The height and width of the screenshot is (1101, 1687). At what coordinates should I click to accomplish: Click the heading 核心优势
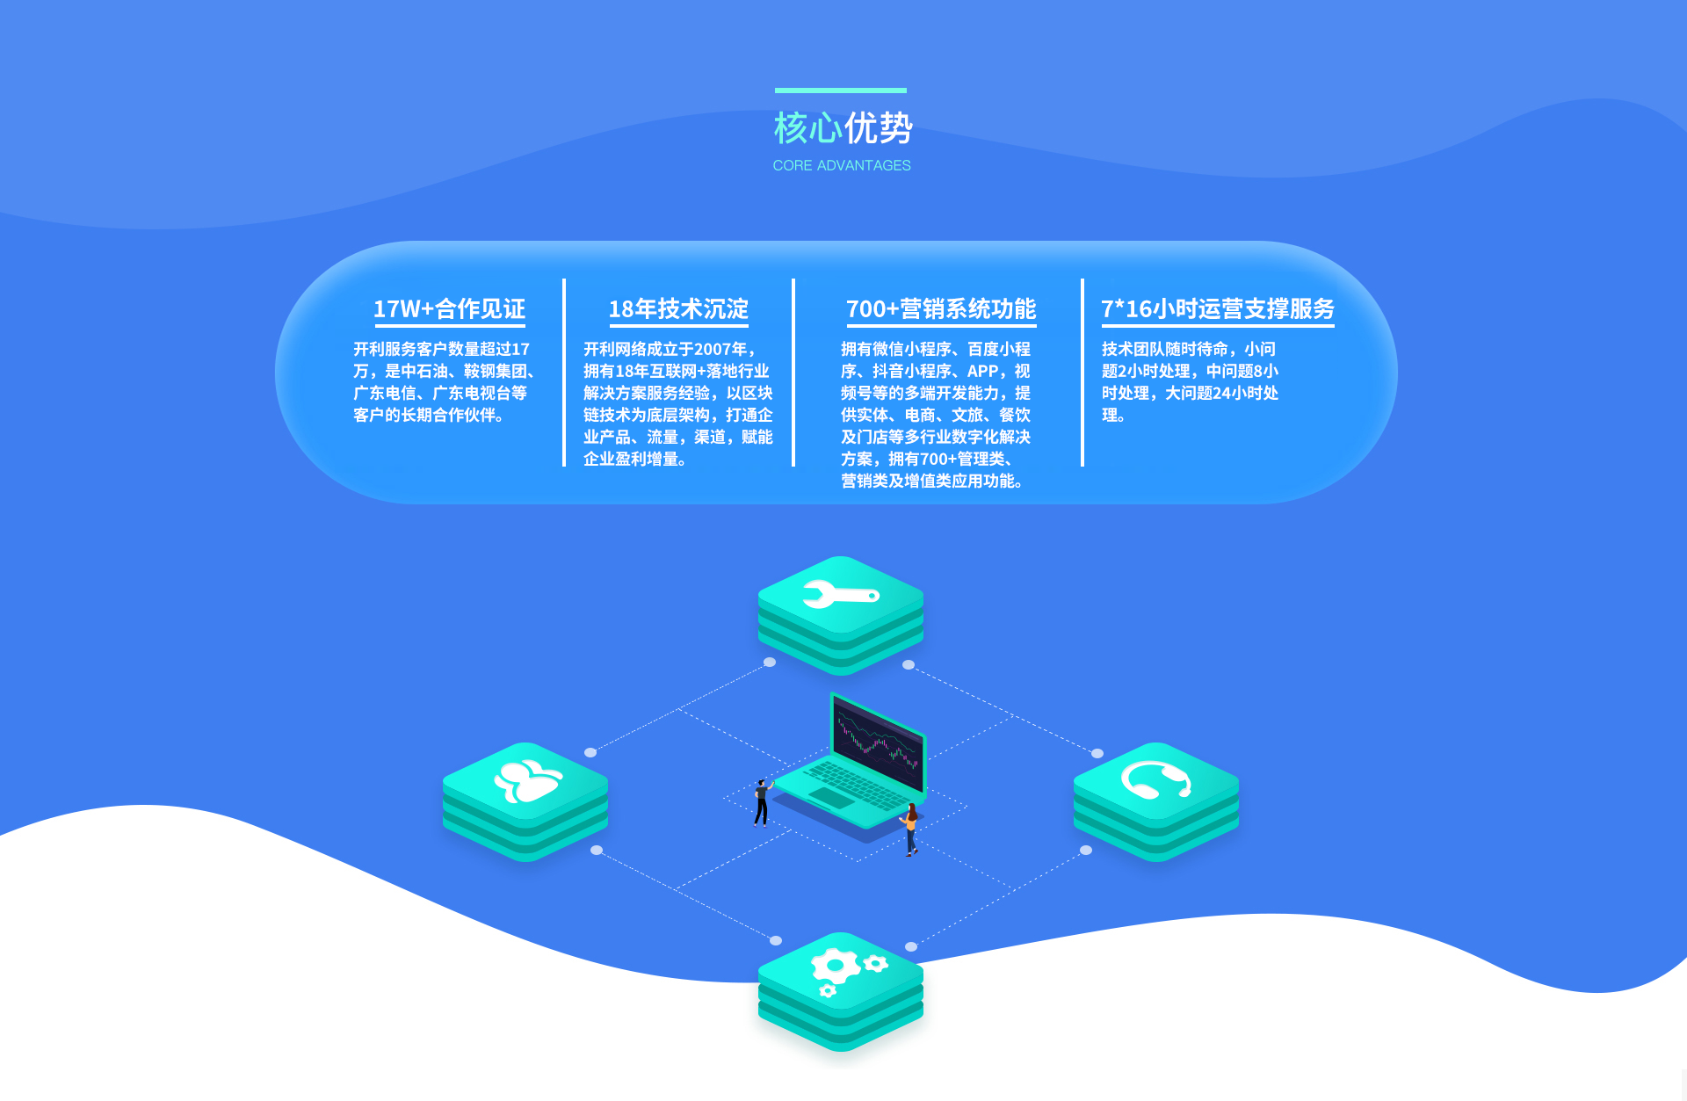(x=843, y=128)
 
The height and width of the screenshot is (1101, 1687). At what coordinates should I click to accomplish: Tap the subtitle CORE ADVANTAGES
(x=842, y=165)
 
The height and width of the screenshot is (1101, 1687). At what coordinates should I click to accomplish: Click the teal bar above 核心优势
(x=840, y=90)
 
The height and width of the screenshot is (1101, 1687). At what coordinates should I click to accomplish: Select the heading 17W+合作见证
(x=449, y=309)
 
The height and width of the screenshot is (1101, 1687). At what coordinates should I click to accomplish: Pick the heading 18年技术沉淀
(x=678, y=309)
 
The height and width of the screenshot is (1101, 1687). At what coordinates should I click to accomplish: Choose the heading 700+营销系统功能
(x=941, y=309)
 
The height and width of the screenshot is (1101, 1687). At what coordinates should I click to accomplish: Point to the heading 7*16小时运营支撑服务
(x=1217, y=309)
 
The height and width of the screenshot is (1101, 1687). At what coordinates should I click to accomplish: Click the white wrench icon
(x=840, y=595)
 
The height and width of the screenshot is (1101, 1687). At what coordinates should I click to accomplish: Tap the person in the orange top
(x=911, y=829)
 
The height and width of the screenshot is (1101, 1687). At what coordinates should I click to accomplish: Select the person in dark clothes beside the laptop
(x=761, y=802)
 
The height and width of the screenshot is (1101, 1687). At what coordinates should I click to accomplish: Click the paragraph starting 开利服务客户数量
(x=444, y=382)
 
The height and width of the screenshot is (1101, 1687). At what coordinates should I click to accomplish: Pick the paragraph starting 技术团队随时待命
(x=1190, y=382)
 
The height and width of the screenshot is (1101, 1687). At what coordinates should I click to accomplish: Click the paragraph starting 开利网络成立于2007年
(x=677, y=404)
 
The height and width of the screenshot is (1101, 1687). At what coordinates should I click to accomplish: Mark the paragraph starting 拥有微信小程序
(x=936, y=415)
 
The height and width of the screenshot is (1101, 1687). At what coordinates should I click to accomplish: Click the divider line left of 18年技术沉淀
(x=564, y=373)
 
